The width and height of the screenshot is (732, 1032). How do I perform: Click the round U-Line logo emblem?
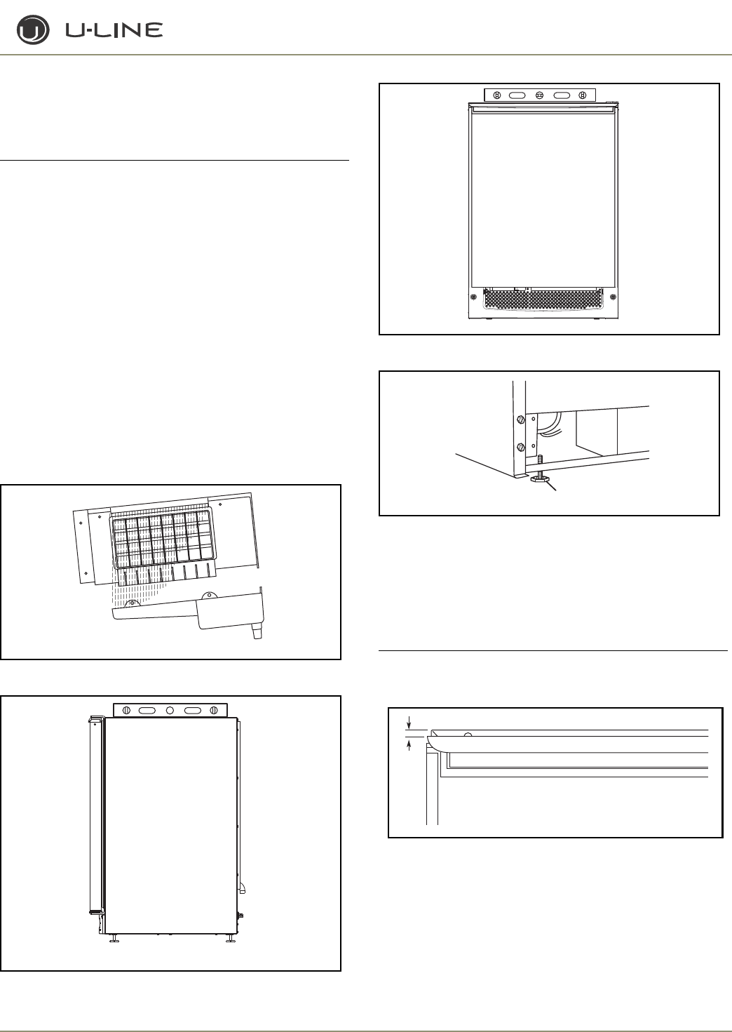tap(33, 30)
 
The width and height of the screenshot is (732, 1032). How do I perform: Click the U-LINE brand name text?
tap(114, 30)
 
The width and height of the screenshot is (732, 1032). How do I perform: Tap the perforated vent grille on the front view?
tap(542, 300)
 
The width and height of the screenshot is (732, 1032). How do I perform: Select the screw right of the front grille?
tap(613, 297)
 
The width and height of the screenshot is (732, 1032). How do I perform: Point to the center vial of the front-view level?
tap(539, 95)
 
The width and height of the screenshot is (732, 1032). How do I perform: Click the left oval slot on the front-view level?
tap(517, 95)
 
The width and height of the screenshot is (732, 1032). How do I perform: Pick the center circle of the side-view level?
tap(170, 710)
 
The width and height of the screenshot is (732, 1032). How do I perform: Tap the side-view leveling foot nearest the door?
tap(114, 939)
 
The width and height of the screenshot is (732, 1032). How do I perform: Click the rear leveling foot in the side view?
tap(230, 939)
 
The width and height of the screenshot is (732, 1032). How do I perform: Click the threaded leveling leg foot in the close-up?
tap(539, 478)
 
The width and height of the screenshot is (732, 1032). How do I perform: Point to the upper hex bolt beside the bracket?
tap(520, 420)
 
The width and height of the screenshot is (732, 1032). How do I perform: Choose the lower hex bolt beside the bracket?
tap(520, 447)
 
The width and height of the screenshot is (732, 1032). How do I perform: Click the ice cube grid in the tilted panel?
tap(163, 540)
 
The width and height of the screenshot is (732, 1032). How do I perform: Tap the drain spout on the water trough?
tap(257, 633)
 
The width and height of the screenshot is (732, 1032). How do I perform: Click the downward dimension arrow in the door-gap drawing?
tap(409, 723)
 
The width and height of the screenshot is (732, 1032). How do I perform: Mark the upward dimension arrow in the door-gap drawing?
tap(409, 744)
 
